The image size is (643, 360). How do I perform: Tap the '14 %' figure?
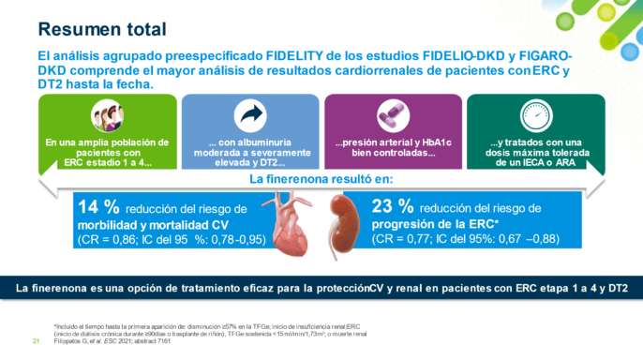[x=98, y=206]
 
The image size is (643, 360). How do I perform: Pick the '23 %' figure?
[x=393, y=206]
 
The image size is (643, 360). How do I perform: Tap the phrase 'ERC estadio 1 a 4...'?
[x=109, y=163]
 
